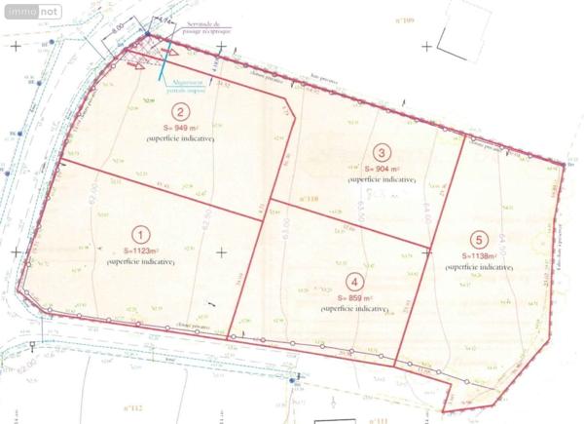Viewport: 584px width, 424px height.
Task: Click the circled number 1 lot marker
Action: click(x=141, y=235)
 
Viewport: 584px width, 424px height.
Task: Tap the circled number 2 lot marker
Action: click(x=179, y=112)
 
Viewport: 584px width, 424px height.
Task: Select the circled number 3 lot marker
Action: click(x=383, y=153)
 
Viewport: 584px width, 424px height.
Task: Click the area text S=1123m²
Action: click(x=141, y=251)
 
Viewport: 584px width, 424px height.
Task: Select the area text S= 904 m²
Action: click(x=383, y=169)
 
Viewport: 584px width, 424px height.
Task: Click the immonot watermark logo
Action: click(x=31, y=12)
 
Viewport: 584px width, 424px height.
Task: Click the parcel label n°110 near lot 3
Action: click(x=308, y=200)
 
